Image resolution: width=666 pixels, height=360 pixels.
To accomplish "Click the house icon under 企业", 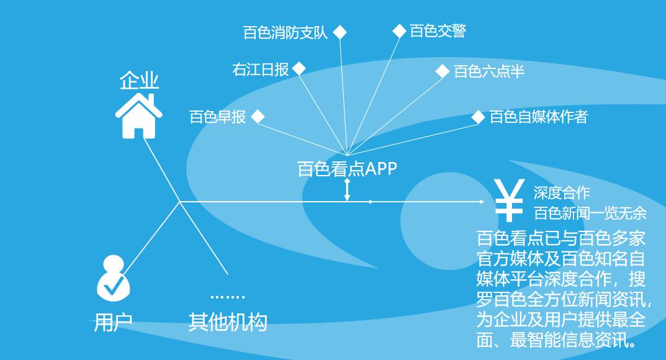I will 139,115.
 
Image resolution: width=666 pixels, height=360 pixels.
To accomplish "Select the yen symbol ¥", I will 508,200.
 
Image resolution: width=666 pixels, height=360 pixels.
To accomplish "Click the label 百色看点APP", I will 347,169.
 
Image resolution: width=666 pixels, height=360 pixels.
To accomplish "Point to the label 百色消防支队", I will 285,33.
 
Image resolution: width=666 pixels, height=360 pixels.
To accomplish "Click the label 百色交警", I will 438,31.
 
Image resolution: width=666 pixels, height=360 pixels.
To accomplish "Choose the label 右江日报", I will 261,70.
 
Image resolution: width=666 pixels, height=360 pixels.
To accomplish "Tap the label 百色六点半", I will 489,72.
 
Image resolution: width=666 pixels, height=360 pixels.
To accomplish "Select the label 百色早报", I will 217,117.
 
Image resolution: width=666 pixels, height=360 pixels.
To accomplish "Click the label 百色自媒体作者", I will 538,117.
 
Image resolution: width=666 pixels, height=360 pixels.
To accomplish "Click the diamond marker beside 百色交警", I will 400,31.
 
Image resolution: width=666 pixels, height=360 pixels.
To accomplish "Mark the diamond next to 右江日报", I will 299,68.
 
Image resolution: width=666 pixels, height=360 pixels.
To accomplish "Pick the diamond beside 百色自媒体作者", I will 478,117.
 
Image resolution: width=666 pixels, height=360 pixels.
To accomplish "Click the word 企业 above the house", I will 139,81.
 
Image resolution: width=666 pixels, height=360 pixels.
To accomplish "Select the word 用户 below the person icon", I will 113,323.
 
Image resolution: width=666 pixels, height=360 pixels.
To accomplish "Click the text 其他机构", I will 228,323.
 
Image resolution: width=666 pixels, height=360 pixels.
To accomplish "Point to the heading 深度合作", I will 562,193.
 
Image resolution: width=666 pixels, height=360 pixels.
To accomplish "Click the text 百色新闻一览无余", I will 590,214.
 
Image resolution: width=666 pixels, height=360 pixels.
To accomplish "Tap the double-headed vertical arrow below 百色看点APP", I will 347,190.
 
